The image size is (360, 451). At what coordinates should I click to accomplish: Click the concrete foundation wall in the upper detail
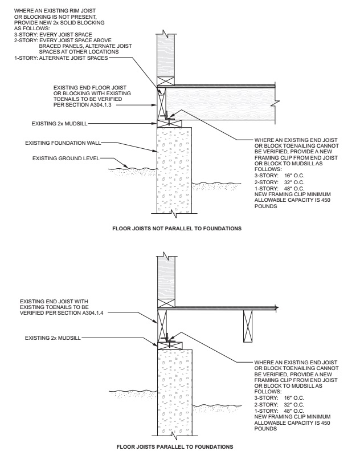coord(173,171)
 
